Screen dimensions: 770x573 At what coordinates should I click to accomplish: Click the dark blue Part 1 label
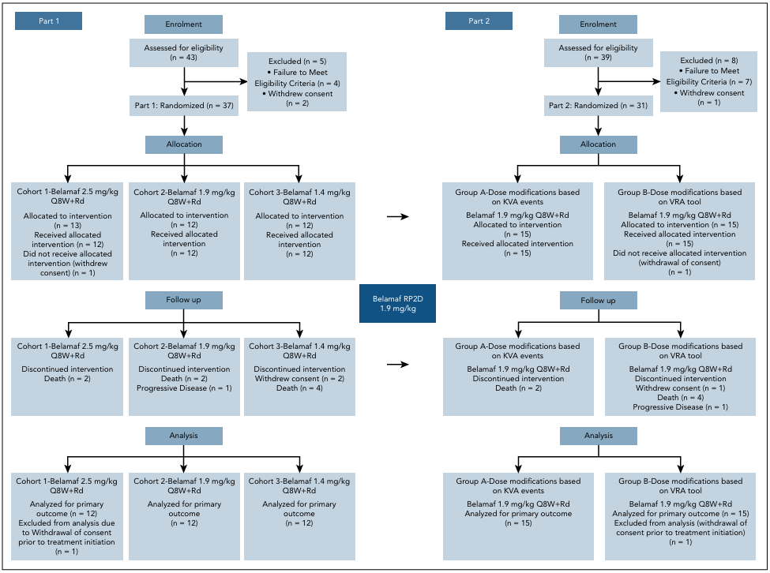(48, 21)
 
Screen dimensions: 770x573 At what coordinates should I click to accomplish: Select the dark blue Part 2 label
(479, 21)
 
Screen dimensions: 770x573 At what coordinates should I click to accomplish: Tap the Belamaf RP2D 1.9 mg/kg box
(397, 303)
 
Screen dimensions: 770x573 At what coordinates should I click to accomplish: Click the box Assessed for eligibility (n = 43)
(184, 53)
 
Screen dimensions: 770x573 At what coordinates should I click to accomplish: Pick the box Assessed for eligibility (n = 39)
(598, 53)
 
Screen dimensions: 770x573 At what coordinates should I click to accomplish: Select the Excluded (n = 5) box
(297, 81)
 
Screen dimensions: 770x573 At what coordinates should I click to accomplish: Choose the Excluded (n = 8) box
(708, 81)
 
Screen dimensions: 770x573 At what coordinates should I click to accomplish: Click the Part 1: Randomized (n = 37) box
(184, 106)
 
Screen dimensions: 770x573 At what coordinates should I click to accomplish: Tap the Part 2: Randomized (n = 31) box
(598, 106)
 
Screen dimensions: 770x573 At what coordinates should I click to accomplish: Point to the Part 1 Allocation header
(184, 144)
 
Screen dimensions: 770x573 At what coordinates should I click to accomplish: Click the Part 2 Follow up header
(598, 300)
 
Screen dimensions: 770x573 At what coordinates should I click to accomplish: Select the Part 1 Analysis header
(184, 436)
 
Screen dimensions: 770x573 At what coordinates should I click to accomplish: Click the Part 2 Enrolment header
(598, 24)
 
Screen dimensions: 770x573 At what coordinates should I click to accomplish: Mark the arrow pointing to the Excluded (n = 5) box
(216, 81)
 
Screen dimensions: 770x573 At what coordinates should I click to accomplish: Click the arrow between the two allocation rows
(398, 216)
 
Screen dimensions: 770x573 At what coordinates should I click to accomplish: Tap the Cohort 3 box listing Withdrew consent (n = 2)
(299, 376)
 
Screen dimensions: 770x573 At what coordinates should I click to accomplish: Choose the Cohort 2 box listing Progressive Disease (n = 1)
(184, 376)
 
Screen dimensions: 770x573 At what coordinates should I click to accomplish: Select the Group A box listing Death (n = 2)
(518, 376)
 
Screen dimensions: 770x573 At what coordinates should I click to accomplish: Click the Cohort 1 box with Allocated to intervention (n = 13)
(67, 231)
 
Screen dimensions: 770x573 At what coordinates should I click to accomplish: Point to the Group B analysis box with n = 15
(680, 516)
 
